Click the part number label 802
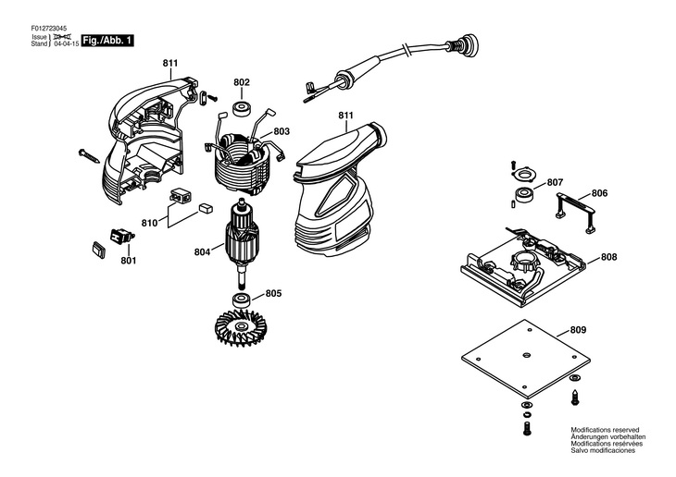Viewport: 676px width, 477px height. (x=242, y=82)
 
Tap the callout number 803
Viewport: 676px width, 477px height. (x=282, y=132)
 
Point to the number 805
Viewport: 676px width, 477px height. (x=273, y=294)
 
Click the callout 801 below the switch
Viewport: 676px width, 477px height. (x=128, y=261)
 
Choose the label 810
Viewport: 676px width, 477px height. (x=149, y=223)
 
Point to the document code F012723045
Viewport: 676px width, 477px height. (x=48, y=28)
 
